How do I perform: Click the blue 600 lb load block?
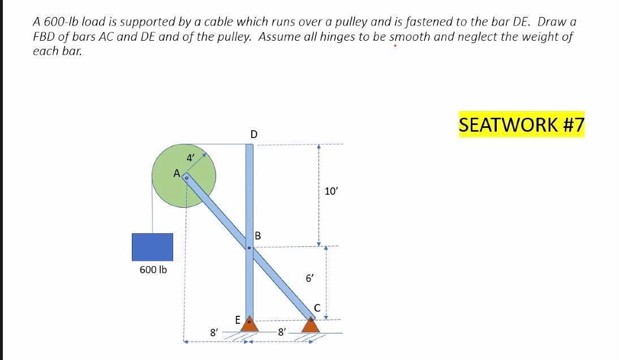[x=152, y=247]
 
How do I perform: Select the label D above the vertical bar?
[x=253, y=134]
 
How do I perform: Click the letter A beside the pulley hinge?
[x=177, y=173]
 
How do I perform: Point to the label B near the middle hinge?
[x=258, y=235]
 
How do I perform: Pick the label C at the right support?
[x=317, y=308]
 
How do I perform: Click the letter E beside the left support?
[x=238, y=320]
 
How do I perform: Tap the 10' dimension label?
[x=331, y=191]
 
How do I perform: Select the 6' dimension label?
[x=310, y=278]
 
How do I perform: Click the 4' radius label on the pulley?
[x=191, y=158]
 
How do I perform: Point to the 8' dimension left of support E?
[x=214, y=333]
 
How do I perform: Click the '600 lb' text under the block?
[x=153, y=270]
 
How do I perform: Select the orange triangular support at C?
[x=310, y=325]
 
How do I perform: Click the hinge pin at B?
[x=249, y=247]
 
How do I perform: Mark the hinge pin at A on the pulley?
[x=186, y=177]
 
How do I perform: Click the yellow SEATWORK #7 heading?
[x=521, y=125]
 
